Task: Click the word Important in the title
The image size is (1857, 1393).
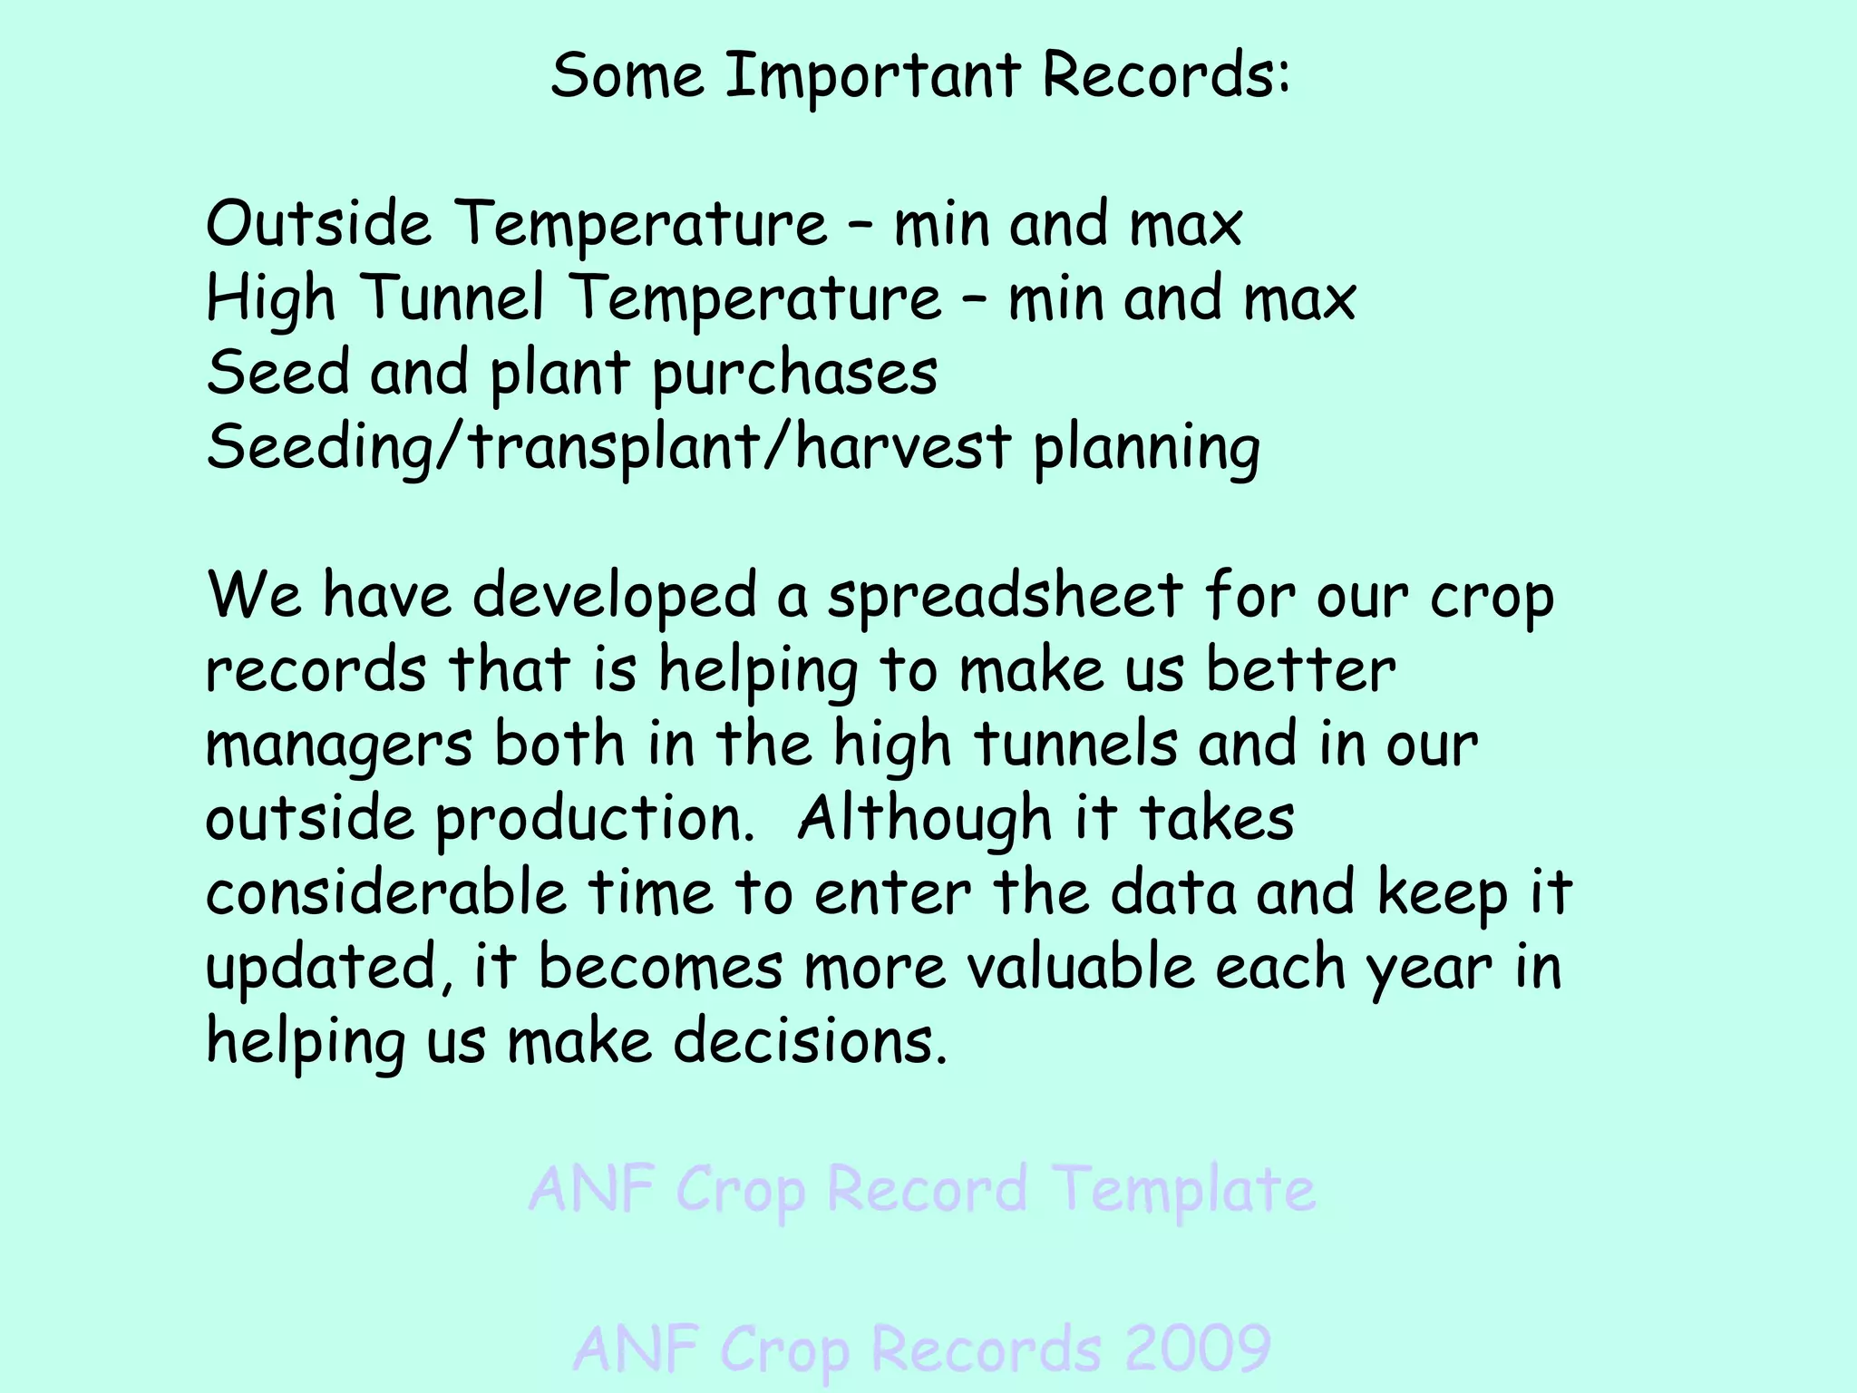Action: [873, 76]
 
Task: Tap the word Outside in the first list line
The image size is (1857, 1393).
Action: [318, 224]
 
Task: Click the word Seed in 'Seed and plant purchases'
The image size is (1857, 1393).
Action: [277, 373]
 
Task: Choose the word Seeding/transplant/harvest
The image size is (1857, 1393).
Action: [608, 448]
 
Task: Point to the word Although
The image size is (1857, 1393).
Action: [924, 820]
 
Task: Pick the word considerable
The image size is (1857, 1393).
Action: [386, 893]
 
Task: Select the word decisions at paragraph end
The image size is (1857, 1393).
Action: [810, 1042]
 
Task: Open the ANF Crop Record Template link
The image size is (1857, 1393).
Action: [921, 1190]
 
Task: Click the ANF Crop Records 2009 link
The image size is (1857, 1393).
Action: [921, 1349]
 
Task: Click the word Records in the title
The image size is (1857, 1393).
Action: [1166, 76]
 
